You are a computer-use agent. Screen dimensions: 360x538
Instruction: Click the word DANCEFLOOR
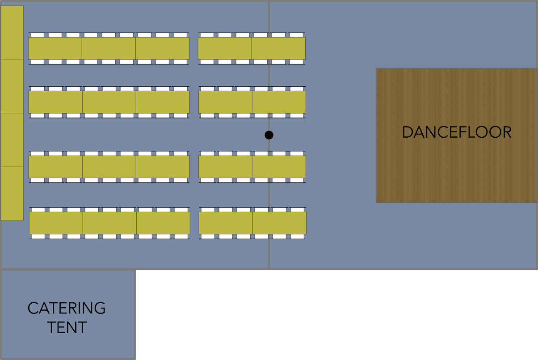click(456, 132)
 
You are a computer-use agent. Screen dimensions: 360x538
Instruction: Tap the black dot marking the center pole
click(269, 135)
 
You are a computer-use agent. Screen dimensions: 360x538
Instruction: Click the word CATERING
click(67, 308)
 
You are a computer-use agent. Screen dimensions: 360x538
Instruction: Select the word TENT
click(67, 327)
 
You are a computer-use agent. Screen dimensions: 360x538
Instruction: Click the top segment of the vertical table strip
click(12, 32)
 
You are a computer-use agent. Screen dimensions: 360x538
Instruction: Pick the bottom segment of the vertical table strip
click(12, 193)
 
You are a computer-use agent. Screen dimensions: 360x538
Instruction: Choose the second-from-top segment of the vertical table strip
click(12, 86)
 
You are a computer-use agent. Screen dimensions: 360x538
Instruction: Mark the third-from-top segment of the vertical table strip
click(12, 140)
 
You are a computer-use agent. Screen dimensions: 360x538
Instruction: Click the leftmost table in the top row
click(55, 48)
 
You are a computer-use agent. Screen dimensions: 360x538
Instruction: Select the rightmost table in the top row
click(278, 48)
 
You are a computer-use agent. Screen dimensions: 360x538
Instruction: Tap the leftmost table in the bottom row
click(56, 223)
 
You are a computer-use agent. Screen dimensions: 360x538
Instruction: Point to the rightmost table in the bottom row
click(279, 223)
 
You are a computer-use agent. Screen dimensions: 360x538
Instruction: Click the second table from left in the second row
click(109, 102)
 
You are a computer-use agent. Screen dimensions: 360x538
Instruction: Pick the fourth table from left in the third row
click(225, 166)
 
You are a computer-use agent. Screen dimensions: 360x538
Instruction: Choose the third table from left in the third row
click(163, 166)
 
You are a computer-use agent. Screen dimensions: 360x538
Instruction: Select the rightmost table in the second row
click(279, 102)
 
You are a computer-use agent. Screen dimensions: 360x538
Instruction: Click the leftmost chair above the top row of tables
click(37, 35)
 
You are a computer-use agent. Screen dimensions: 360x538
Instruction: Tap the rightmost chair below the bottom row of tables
click(297, 237)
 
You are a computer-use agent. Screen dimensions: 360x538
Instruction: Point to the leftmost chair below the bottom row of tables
click(38, 237)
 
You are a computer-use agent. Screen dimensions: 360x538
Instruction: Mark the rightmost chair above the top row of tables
click(296, 35)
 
